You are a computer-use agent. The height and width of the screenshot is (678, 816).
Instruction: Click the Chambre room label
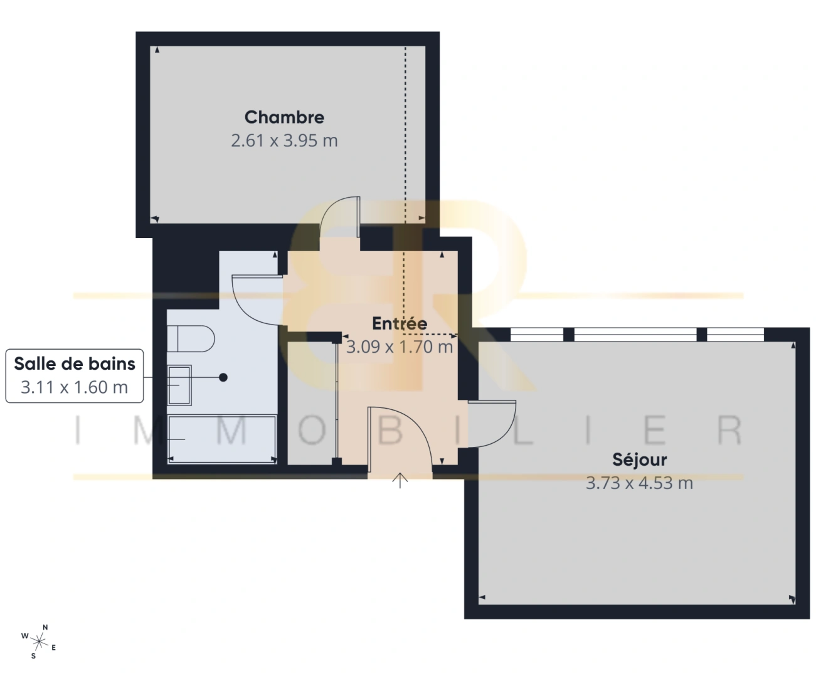click(284, 117)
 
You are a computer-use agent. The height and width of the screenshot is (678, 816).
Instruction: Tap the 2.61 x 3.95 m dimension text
click(284, 141)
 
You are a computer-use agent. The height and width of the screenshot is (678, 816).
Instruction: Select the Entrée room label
click(400, 323)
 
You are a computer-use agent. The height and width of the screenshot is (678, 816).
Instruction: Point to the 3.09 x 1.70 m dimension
click(400, 347)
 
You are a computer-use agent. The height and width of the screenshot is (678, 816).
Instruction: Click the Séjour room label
click(639, 460)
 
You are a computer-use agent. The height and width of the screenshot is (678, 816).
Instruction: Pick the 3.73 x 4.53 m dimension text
click(639, 483)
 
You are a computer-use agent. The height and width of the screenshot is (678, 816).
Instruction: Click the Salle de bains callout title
click(75, 363)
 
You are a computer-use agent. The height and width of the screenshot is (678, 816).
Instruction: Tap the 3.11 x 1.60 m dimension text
click(75, 387)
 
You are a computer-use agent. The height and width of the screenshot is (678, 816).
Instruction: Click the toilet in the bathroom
click(191, 339)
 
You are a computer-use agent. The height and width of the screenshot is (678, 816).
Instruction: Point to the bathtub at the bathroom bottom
click(222, 439)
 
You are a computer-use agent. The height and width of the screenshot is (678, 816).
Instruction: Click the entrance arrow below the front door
click(400, 481)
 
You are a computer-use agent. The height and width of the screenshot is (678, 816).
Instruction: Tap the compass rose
click(40, 641)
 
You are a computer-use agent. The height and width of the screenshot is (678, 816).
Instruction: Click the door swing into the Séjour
click(493, 424)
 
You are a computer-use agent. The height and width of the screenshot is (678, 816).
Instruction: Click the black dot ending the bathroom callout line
click(223, 377)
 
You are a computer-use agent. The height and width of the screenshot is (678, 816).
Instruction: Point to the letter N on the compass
click(45, 627)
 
